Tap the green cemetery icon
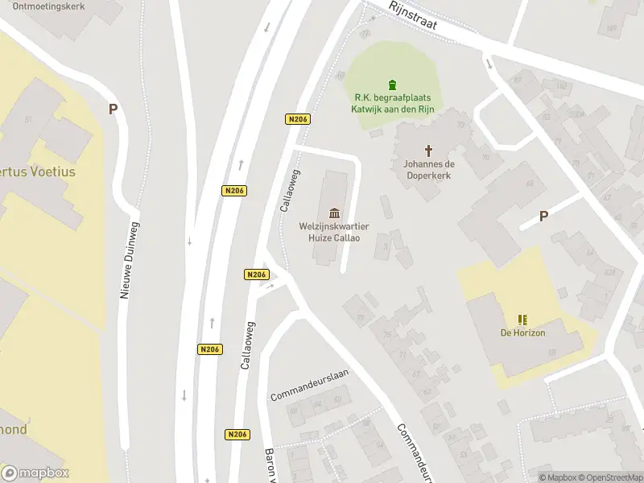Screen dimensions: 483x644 point(392,85)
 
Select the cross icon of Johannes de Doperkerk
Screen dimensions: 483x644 point(429,150)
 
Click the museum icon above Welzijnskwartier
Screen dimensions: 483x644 point(334,213)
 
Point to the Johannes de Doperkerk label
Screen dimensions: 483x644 point(429,169)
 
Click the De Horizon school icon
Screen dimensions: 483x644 point(522,320)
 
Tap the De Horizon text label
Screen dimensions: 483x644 point(522,333)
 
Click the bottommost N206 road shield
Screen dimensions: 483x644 point(237,434)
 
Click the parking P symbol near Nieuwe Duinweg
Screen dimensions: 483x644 point(114,109)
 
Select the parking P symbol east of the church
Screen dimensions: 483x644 point(543,216)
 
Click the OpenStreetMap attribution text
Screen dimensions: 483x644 point(609,477)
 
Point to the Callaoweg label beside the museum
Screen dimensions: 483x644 point(290,190)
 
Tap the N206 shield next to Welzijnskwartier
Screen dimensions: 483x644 point(256,275)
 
